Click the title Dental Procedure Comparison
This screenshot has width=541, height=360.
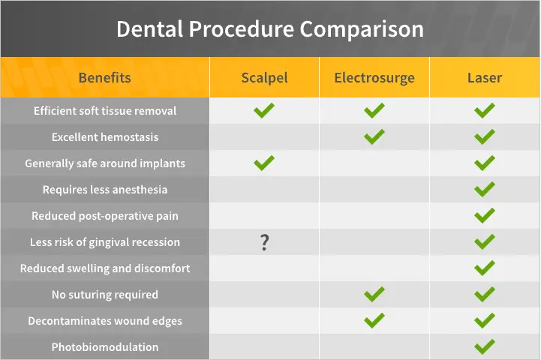[x=270, y=29]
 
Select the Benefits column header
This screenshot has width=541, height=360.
[x=105, y=77]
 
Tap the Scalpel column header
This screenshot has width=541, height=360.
[x=264, y=78]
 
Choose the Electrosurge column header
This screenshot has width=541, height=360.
[x=374, y=78]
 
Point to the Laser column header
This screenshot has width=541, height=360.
[x=485, y=77]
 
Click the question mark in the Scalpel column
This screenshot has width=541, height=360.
[x=264, y=242]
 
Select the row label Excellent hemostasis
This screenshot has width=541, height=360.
[x=105, y=137]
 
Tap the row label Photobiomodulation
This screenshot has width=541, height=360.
[x=105, y=347]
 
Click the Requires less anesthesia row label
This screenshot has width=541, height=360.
[x=105, y=190]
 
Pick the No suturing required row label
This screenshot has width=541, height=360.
[x=105, y=295]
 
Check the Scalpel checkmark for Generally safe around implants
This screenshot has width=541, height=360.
[x=264, y=163]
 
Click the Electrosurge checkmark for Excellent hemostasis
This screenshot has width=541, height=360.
[x=374, y=137]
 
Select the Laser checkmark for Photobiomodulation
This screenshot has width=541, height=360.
[x=485, y=347]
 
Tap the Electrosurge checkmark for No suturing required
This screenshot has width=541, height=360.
[x=374, y=295]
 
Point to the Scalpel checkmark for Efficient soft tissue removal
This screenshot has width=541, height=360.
[x=264, y=111]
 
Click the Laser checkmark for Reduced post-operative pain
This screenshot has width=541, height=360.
[x=485, y=216]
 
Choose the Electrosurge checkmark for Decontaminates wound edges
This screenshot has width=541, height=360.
[x=374, y=321]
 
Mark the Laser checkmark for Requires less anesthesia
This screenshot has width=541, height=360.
[x=485, y=190]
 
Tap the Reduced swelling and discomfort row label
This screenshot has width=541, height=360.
[x=105, y=268]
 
